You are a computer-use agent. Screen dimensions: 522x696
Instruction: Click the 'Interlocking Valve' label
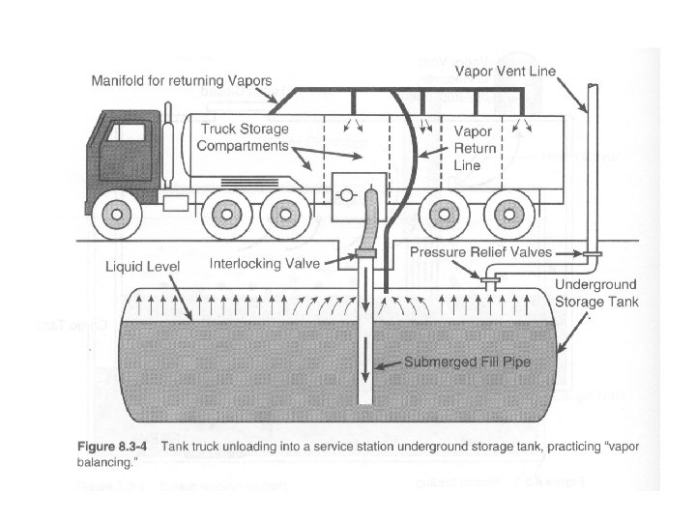coord(266,263)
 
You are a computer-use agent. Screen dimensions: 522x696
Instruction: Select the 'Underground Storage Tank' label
coord(596,292)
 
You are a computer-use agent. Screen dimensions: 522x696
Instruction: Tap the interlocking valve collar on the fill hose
coord(365,253)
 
